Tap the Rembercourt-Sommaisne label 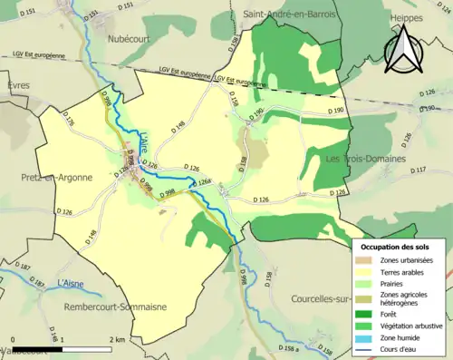[115, 307]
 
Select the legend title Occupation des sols [401, 247]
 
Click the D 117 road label [419, 170]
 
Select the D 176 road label [70, 119]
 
